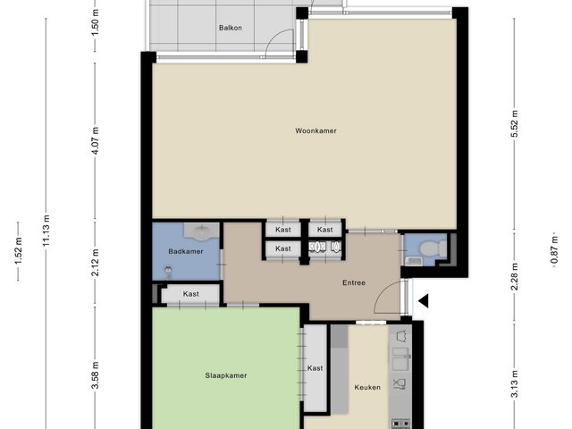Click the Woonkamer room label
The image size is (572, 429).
(x=315, y=130)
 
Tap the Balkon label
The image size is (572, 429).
(x=231, y=28)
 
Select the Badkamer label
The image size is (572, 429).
(x=186, y=251)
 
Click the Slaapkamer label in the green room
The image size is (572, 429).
(x=226, y=375)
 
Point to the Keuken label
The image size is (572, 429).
(x=367, y=387)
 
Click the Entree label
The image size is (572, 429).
(x=354, y=282)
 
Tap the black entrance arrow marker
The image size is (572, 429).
(x=423, y=301)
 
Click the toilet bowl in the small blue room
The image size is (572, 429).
(x=430, y=249)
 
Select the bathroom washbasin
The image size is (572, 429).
(x=201, y=232)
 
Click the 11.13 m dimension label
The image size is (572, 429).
(x=46, y=231)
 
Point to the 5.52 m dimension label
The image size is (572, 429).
(x=515, y=123)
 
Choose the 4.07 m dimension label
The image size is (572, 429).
(x=96, y=141)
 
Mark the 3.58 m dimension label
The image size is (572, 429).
(x=96, y=375)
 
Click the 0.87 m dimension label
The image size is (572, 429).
(x=554, y=250)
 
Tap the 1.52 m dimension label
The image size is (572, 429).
(x=18, y=250)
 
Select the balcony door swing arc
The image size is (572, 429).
(x=274, y=38)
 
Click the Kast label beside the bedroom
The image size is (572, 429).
(x=315, y=368)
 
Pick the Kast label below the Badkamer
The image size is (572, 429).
(x=190, y=294)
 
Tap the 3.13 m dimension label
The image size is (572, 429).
(x=515, y=384)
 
